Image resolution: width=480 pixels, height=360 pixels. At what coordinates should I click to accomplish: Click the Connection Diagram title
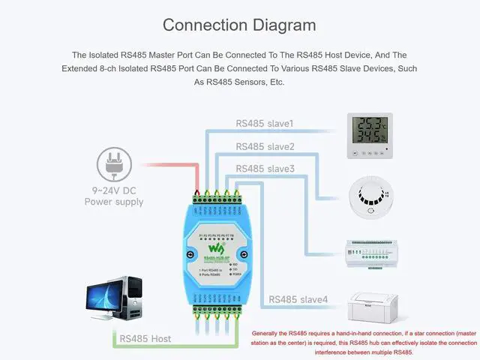tap(239, 25)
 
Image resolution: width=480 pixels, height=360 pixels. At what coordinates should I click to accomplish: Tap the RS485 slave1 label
tap(265, 123)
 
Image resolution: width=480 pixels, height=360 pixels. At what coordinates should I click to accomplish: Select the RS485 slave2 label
tap(265, 146)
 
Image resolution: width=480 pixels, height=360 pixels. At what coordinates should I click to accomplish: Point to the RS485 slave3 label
tap(265, 169)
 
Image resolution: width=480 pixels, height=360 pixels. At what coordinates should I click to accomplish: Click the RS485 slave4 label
tap(298, 299)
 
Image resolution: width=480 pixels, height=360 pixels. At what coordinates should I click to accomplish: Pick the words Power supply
tap(113, 202)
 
